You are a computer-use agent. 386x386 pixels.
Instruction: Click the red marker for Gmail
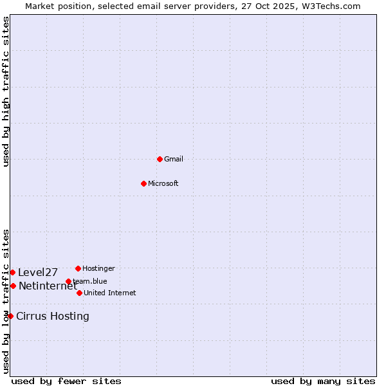coord(160,159)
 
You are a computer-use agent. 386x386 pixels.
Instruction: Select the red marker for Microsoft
coord(143,183)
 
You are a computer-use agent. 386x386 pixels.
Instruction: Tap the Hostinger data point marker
coord(78,268)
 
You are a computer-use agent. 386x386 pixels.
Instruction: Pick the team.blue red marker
coord(68,281)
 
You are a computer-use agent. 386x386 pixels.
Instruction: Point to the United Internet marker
coord(79,293)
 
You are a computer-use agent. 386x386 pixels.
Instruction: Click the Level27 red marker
coord(12,272)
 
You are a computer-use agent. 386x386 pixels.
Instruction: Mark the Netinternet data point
coord(13,286)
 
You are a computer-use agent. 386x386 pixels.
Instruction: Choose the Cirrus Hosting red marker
coord(10,316)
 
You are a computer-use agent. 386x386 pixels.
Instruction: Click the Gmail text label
coord(174,159)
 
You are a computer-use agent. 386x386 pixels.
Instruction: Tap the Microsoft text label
coord(163,183)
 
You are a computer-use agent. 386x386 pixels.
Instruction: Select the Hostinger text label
coord(99,268)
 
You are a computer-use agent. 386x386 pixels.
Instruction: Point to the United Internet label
coord(110,293)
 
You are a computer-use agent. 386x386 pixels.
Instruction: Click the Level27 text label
coord(38,272)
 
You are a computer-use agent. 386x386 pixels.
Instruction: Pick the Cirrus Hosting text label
coord(53,316)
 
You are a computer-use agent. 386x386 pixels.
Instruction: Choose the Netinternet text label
coord(48,286)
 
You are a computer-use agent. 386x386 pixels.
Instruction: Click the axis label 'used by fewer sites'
coord(66,381)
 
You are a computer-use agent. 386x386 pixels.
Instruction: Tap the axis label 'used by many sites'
coord(323,381)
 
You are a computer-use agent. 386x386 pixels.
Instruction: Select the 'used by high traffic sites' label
coord(6,91)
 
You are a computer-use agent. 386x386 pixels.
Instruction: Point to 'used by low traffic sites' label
coord(6,301)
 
